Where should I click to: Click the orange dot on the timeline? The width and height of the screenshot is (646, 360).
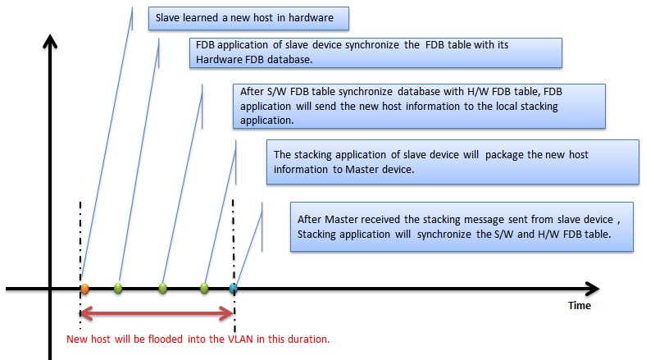(84, 288)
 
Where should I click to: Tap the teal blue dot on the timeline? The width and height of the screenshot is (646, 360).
(233, 288)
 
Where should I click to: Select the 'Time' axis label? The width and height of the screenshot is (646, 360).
(580, 305)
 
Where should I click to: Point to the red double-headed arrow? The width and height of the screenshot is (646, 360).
(157, 312)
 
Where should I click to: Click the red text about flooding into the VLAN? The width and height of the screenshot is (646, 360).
(198, 338)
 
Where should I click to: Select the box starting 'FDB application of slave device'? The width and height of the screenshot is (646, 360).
(375, 51)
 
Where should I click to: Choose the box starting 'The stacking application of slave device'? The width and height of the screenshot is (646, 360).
(453, 162)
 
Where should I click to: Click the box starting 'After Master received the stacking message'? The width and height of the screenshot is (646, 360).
(463, 226)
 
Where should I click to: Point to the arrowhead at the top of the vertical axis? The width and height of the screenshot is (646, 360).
(51, 41)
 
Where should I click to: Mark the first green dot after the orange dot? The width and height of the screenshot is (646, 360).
(118, 288)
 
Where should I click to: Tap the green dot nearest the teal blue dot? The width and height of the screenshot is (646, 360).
(204, 288)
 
